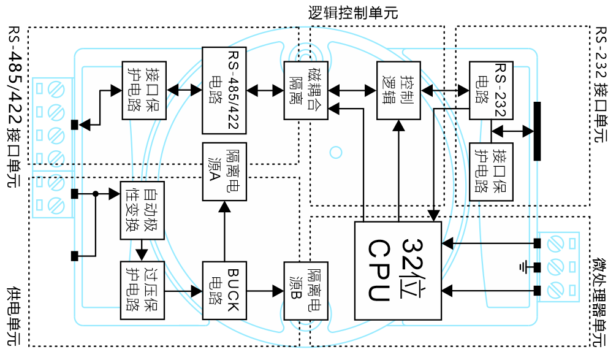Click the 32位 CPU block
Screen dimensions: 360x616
tap(398, 270)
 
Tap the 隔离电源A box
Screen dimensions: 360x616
tap(224, 172)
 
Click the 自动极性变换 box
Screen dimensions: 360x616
tap(142, 210)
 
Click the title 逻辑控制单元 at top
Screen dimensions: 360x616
tap(353, 13)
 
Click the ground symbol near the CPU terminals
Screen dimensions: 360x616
tap(523, 267)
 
